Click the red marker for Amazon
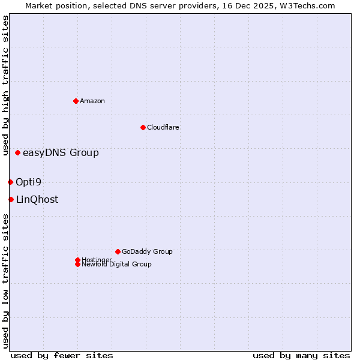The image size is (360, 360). point(76,101)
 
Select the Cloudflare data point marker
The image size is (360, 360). point(143,127)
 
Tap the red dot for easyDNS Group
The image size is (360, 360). point(18,153)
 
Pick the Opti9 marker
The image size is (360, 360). point(10,182)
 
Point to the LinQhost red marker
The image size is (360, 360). point(11,199)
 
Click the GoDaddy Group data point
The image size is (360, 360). point(118,251)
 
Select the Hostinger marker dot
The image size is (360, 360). point(77,260)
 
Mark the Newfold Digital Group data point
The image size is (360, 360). point(77,265)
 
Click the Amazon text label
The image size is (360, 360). point(92,101)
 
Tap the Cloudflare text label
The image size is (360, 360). point(163,127)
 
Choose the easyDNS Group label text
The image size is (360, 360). point(61,153)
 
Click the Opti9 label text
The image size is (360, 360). point(28,182)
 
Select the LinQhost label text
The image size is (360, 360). point(37,200)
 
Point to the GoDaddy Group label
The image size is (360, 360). point(147,251)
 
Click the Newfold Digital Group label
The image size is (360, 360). point(117,265)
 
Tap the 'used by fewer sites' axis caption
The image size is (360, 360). point(62,355)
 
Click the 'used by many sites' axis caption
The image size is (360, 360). point(301,355)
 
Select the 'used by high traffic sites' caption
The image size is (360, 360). point(5,85)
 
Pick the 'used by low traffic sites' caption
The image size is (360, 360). point(5,281)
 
